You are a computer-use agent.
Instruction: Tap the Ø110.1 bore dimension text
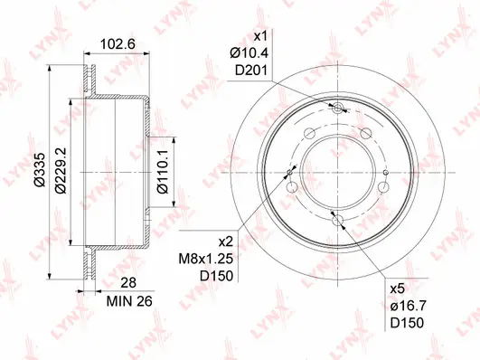pos(159,172)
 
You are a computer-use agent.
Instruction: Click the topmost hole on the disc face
pos(338,109)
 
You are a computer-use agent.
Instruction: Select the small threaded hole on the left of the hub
pos(289,172)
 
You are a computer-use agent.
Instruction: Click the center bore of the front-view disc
pos(338,172)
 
